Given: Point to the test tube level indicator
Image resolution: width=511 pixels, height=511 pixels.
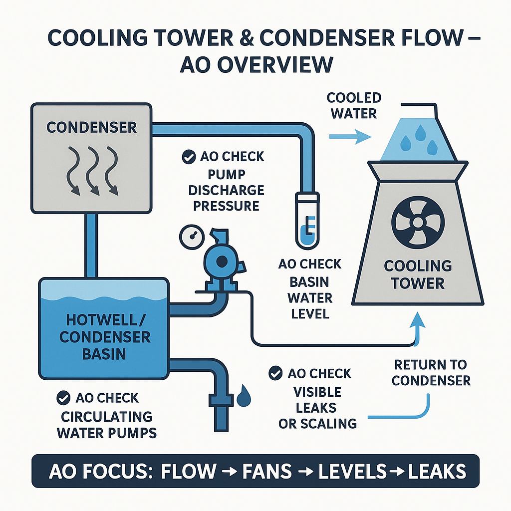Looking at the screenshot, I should (x=305, y=220).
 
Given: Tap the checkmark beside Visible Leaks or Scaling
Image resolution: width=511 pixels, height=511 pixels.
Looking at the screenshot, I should (x=274, y=373).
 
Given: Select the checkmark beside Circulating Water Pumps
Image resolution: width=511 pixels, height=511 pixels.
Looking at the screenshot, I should (x=63, y=398).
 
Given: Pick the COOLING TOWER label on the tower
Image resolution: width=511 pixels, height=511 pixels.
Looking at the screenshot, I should (x=418, y=274).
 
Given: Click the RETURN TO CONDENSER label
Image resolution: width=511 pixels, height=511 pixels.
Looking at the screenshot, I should (x=431, y=372).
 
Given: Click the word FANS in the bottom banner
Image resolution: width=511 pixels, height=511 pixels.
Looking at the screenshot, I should (x=265, y=471).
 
